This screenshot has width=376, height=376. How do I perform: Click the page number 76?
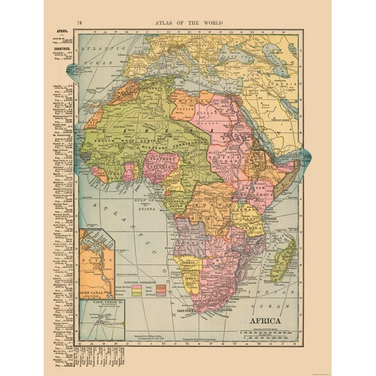click(80, 22)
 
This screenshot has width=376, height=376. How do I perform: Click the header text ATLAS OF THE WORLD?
click(188, 22)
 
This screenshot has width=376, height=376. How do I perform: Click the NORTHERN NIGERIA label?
click(163, 161)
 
